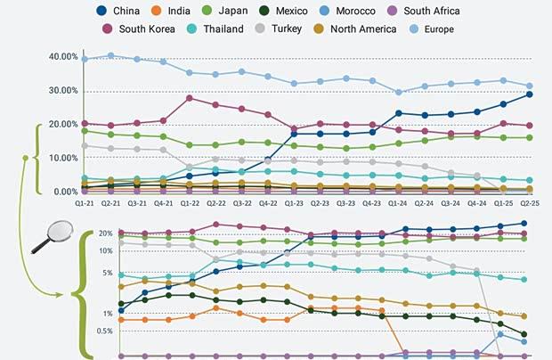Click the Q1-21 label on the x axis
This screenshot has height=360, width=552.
[x=85, y=203]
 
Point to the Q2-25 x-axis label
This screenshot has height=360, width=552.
[x=530, y=203]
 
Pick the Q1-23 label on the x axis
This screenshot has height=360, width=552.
[x=295, y=203]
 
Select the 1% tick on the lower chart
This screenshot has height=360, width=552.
[x=106, y=314]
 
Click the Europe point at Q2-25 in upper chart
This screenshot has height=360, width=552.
[x=530, y=86]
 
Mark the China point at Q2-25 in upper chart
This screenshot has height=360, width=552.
[x=530, y=94]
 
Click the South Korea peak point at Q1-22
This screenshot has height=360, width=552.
[x=190, y=98]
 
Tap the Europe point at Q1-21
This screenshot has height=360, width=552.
[x=85, y=59]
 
